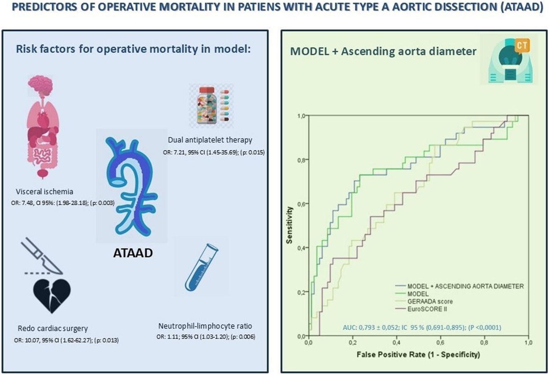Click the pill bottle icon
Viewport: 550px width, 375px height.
tap(207, 105)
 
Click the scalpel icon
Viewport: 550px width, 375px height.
tap(42, 256)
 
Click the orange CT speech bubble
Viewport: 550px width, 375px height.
tap(522, 46)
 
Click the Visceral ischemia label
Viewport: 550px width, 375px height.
tap(45, 191)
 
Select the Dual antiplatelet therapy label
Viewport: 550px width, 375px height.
tap(210, 140)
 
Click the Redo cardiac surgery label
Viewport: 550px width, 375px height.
tap(52, 329)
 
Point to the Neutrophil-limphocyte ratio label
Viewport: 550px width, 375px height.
tap(205, 326)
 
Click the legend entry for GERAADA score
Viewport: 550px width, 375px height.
tap(430, 301)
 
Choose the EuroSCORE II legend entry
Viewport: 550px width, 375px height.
tap(427, 309)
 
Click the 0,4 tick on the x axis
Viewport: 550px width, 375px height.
tap(397, 343)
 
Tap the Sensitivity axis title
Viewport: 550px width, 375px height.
tap(290, 225)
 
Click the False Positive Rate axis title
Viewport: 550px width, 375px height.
tap(418, 355)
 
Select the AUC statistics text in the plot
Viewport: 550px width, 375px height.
tap(422, 327)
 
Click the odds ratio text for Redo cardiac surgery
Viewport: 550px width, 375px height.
tap(66, 340)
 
